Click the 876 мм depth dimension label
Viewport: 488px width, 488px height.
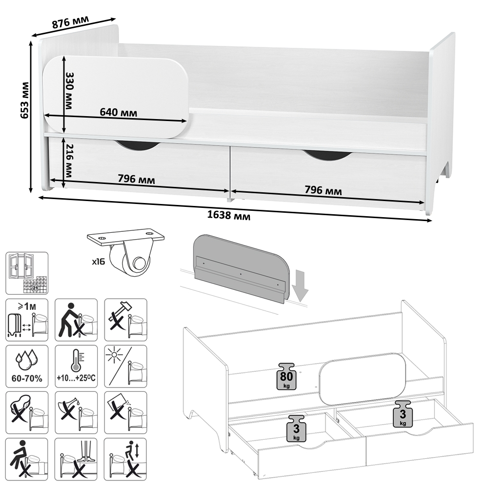tap(70, 22)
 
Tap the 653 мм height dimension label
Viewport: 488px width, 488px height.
tap(24, 100)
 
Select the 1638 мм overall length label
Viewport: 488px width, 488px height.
tap(229, 215)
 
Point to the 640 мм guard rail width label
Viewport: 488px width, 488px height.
tap(118, 112)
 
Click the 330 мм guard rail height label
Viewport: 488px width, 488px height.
tap(70, 91)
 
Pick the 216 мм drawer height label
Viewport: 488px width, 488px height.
tap(69, 161)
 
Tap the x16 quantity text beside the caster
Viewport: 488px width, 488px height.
tap(99, 262)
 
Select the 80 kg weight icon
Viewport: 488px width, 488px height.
tap(286, 376)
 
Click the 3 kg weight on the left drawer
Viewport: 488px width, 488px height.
tap(296, 428)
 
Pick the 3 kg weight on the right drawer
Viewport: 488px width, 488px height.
tap(403, 414)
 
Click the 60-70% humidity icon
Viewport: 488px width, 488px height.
tap(27, 366)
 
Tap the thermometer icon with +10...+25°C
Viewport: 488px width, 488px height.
tap(76, 366)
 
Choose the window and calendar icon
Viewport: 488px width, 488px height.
tap(27, 273)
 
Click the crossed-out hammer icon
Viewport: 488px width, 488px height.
tap(125, 320)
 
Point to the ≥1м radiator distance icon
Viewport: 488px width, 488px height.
tap(27, 320)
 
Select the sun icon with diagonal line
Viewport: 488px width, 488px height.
tap(125, 366)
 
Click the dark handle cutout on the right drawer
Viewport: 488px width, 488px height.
tap(328, 155)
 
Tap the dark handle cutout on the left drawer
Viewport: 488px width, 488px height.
tap(138, 145)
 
